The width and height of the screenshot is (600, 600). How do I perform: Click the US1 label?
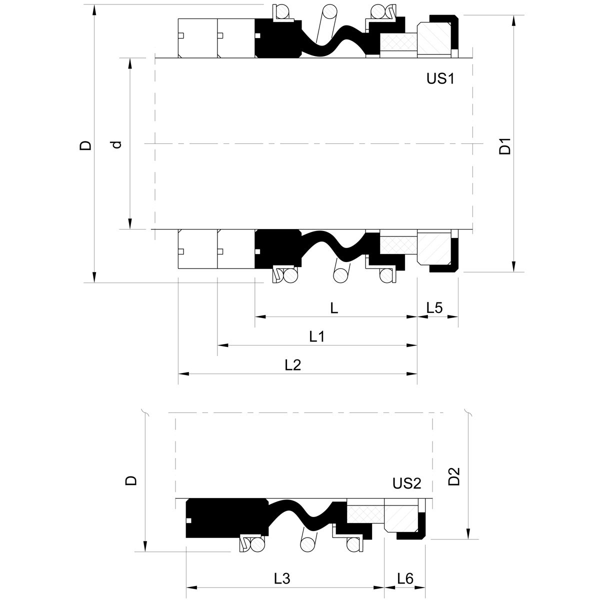(440, 78)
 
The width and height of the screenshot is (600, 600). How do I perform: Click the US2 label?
(406, 483)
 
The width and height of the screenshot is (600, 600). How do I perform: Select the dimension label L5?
(434, 308)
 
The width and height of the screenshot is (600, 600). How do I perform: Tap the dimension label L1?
(317, 336)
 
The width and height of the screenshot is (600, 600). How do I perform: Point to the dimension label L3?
(282, 579)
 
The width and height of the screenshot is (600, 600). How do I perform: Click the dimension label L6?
(405, 579)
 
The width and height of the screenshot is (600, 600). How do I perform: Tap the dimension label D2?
(454, 477)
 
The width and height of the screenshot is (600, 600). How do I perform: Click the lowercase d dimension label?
(116, 144)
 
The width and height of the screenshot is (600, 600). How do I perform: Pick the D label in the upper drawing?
(86, 145)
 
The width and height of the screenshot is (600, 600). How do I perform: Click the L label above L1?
(334, 308)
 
